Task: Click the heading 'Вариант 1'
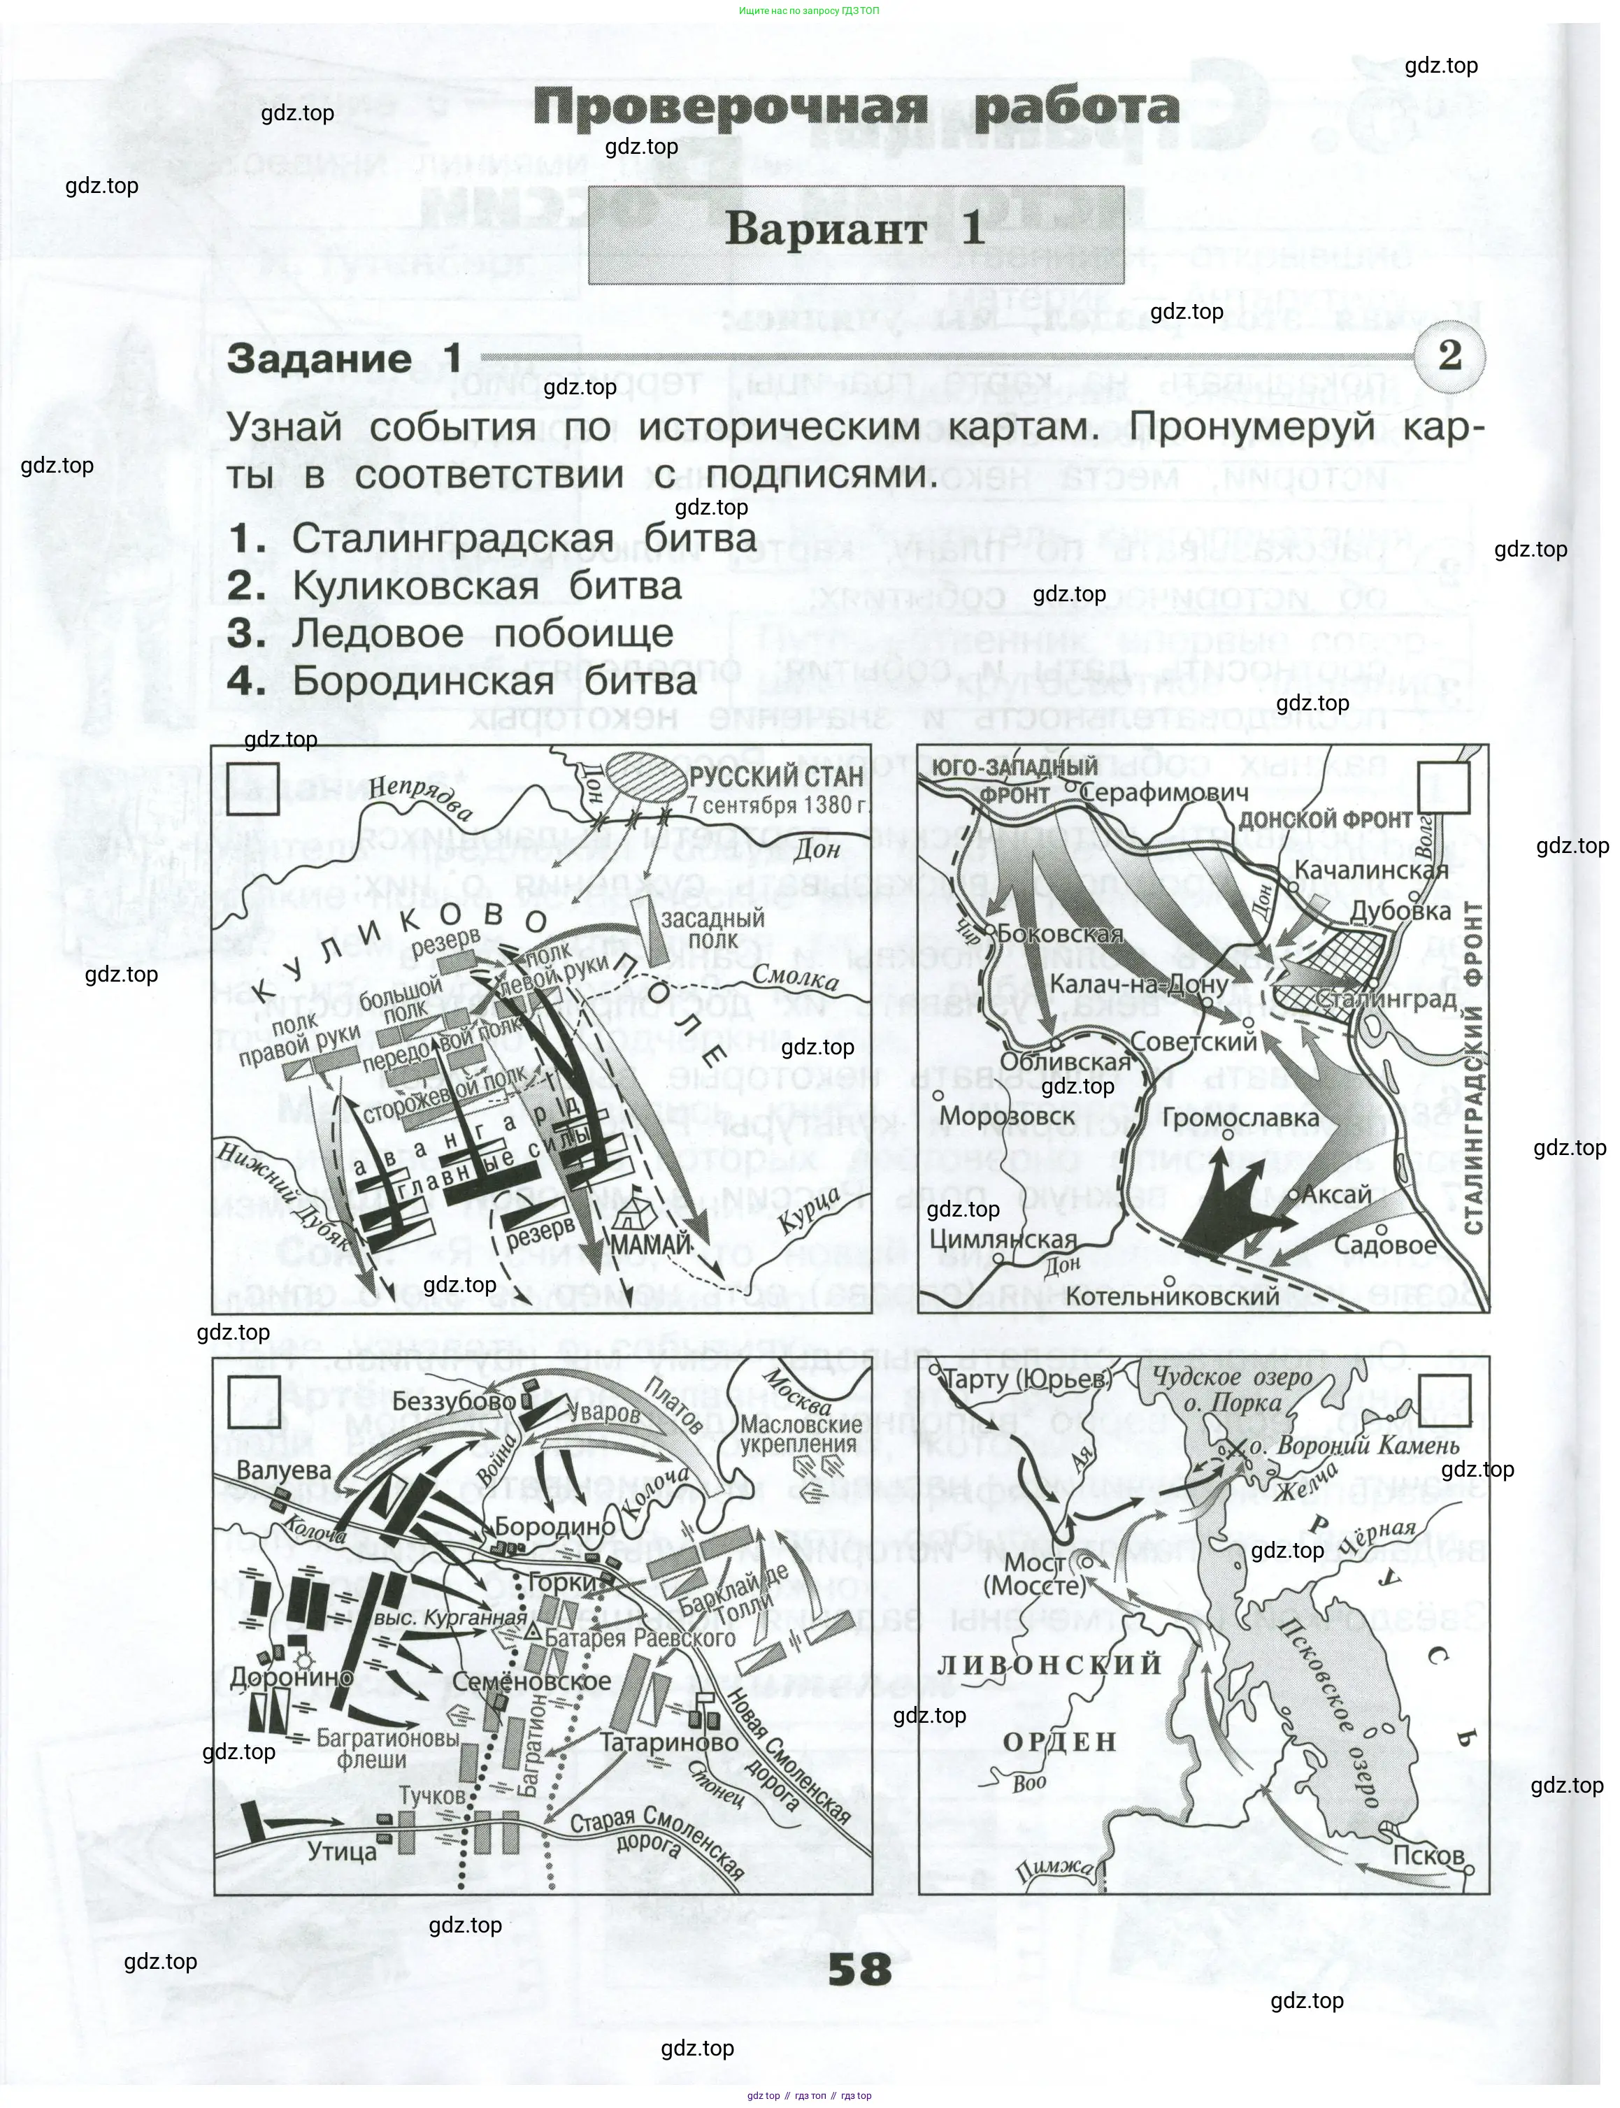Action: coord(855,229)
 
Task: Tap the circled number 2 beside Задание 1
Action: coord(1449,356)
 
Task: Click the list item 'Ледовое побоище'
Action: coord(482,633)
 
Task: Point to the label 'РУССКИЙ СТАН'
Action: coord(777,777)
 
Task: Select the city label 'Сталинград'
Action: coord(1386,999)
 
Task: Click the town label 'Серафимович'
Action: coord(1164,793)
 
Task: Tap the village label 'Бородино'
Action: coord(554,1528)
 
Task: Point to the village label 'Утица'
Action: coord(341,1851)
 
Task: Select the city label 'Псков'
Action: coord(1428,1856)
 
